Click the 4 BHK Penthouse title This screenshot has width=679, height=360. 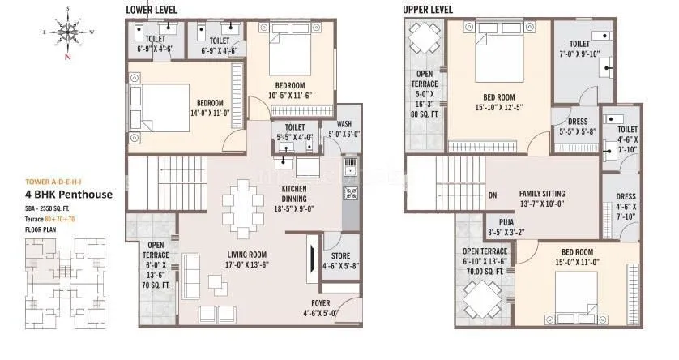(69, 195)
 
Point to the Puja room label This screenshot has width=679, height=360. (501, 230)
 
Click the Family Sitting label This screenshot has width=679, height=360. (542, 199)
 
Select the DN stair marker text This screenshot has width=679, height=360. (493, 195)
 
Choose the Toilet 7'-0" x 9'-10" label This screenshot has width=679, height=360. (579, 49)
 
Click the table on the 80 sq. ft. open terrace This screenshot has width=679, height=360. (425, 38)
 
